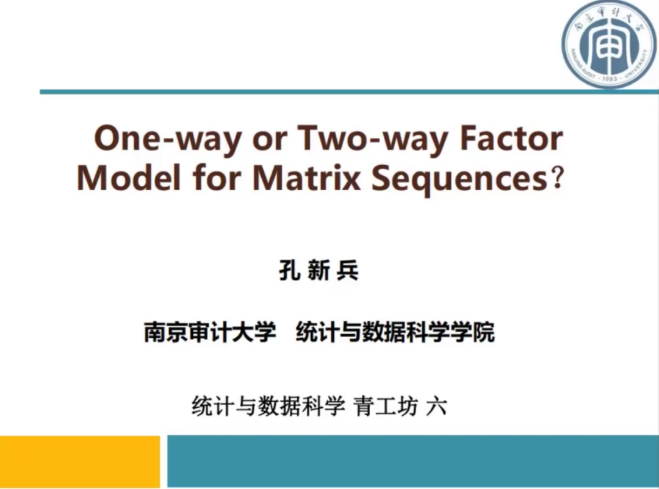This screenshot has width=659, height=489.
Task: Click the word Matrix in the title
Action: coord(307,177)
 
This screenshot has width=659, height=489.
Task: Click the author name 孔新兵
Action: coord(319,271)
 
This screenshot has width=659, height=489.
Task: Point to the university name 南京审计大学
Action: coord(210,332)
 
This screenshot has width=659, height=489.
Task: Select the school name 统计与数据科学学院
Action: coord(395,332)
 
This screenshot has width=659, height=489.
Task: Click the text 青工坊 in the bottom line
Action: coord(386,406)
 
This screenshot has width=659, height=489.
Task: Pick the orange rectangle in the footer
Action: coord(80,462)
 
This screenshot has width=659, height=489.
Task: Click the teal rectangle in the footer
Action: coord(413,462)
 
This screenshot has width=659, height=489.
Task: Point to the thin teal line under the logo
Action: coord(349,91)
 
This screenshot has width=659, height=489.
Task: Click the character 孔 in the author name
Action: coord(289,271)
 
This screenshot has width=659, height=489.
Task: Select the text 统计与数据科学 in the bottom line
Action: coord(268,406)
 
